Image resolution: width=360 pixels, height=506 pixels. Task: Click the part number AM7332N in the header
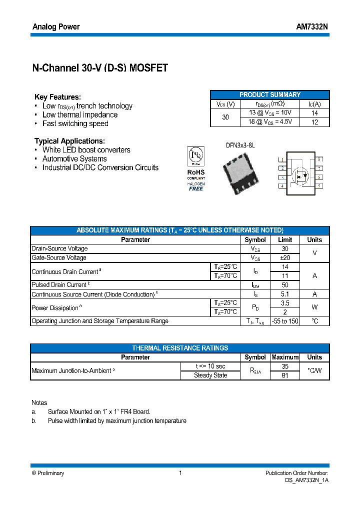(x=312, y=26)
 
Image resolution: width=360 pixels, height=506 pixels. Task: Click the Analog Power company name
(x=56, y=26)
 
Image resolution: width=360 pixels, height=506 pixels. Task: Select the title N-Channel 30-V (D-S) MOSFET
(x=100, y=68)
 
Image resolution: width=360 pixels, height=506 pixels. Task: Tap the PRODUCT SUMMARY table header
(x=270, y=94)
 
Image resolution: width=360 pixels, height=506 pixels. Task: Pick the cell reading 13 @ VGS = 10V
(x=270, y=113)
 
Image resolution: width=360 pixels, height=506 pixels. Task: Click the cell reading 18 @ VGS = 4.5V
(x=270, y=122)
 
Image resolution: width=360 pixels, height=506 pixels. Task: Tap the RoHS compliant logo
(x=196, y=168)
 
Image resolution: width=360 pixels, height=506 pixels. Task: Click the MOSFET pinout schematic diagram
(x=300, y=172)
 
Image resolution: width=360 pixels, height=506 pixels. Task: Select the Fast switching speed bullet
(x=75, y=123)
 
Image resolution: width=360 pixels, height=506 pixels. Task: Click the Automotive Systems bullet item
(x=74, y=158)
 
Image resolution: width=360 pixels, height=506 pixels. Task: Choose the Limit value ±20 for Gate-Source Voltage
(x=284, y=257)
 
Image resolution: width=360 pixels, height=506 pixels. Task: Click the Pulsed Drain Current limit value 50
(x=284, y=285)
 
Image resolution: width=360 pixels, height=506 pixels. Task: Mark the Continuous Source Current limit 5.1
(x=284, y=294)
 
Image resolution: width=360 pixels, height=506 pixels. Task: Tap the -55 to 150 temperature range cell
(x=284, y=321)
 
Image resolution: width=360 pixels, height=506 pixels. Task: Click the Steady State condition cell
(x=210, y=375)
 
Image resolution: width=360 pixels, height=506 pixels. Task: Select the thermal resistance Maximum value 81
(x=284, y=375)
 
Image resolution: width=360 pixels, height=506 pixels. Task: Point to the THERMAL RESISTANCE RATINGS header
(x=180, y=348)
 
